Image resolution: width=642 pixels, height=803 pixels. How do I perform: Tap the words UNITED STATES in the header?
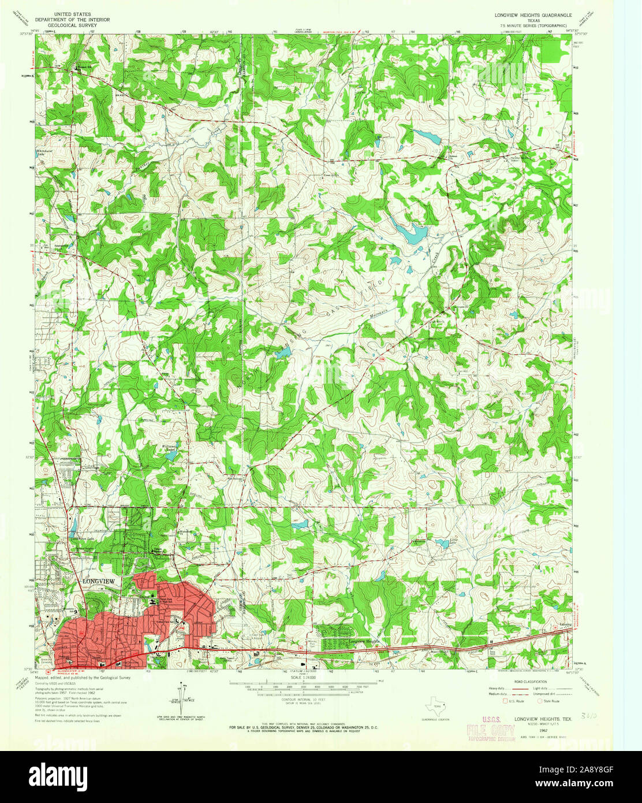click(x=72, y=12)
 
